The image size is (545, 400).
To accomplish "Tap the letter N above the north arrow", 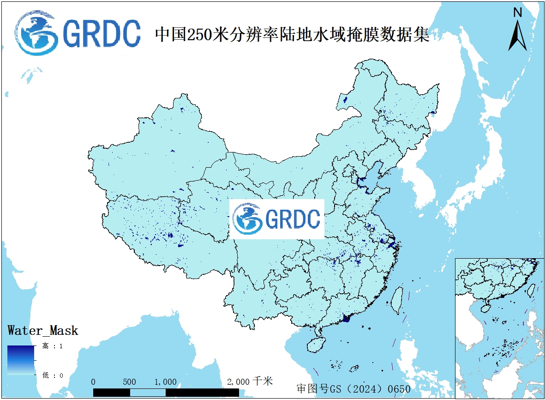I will pos(518,12).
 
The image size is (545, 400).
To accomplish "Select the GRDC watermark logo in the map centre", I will pos(277,219).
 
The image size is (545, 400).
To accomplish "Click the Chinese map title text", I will pos(292,35).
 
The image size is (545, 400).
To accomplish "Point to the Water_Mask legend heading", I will pos(43,331).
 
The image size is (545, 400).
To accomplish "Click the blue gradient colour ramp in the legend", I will pos(21,360).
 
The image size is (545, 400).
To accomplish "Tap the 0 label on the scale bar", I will pos(94,382).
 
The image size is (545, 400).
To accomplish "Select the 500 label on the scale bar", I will pos(130,382).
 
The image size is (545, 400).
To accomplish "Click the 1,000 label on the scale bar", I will pos(165,382).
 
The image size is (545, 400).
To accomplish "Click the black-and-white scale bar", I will pos(166,392).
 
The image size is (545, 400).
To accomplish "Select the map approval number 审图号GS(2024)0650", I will pos(353,388).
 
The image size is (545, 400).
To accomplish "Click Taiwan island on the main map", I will pos(396,301).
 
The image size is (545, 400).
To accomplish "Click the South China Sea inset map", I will pos(499,328).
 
